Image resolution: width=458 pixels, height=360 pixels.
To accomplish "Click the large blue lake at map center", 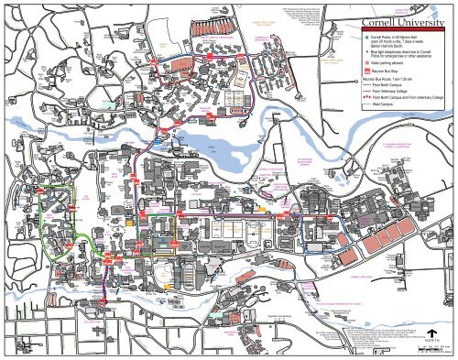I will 211,142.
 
